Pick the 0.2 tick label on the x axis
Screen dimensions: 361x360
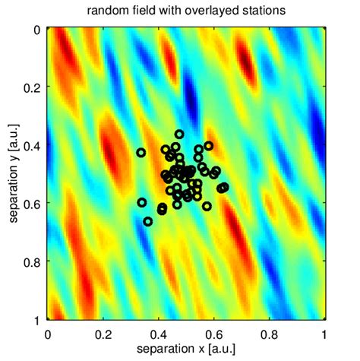[103, 334]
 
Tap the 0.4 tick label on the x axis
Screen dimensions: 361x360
[159, 334]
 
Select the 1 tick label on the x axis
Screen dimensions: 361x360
[325, 334]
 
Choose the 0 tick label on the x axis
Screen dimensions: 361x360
[48, 334]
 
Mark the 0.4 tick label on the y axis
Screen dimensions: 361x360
[32, 145]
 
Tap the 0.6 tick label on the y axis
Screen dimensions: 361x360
[32, 203]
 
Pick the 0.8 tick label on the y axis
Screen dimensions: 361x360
[32, 261]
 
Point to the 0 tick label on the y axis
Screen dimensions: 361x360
[37, 30]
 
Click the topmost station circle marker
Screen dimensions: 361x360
[179, 134]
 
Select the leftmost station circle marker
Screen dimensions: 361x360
[141, 153]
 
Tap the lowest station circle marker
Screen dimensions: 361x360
[148, 221]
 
